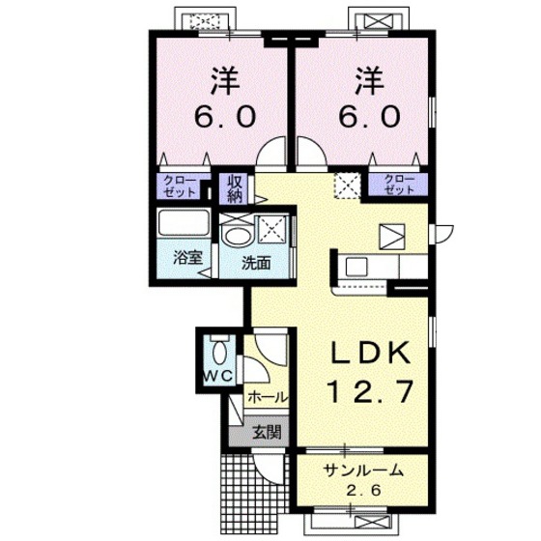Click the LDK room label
[371, 353]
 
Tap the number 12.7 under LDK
[371, 391]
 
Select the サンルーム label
[363, 470]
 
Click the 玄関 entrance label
[267, 432]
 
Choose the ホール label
[268, 397]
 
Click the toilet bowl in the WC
[218, 352]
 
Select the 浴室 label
[187, 257]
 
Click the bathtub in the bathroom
[184, 222]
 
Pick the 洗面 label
[256, 263]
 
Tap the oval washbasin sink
[238, 237]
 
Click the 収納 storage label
[237, 188]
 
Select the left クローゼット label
[180, 186]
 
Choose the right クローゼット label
[399, 185]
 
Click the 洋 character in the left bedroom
[226, 80]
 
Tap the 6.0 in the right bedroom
[369, 116]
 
